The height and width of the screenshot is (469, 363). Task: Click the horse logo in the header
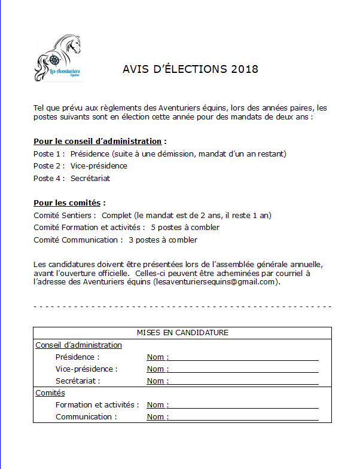[59, 59]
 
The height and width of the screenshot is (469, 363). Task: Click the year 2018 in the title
[244, 69]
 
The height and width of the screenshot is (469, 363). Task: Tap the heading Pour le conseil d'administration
[97, 142]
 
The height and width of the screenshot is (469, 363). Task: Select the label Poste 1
[48, 154]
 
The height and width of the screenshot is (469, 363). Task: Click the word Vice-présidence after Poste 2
[99, 165]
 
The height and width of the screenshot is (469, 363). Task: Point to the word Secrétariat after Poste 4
[90, 178]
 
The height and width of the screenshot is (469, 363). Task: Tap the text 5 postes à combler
[185, 228]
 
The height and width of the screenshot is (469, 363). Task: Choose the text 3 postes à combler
[163, 240]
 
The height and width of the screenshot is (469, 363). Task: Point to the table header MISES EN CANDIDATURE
[182, 333]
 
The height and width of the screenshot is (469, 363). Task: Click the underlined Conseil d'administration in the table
[78, 345]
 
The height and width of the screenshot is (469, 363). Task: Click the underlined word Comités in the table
[50, 393]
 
